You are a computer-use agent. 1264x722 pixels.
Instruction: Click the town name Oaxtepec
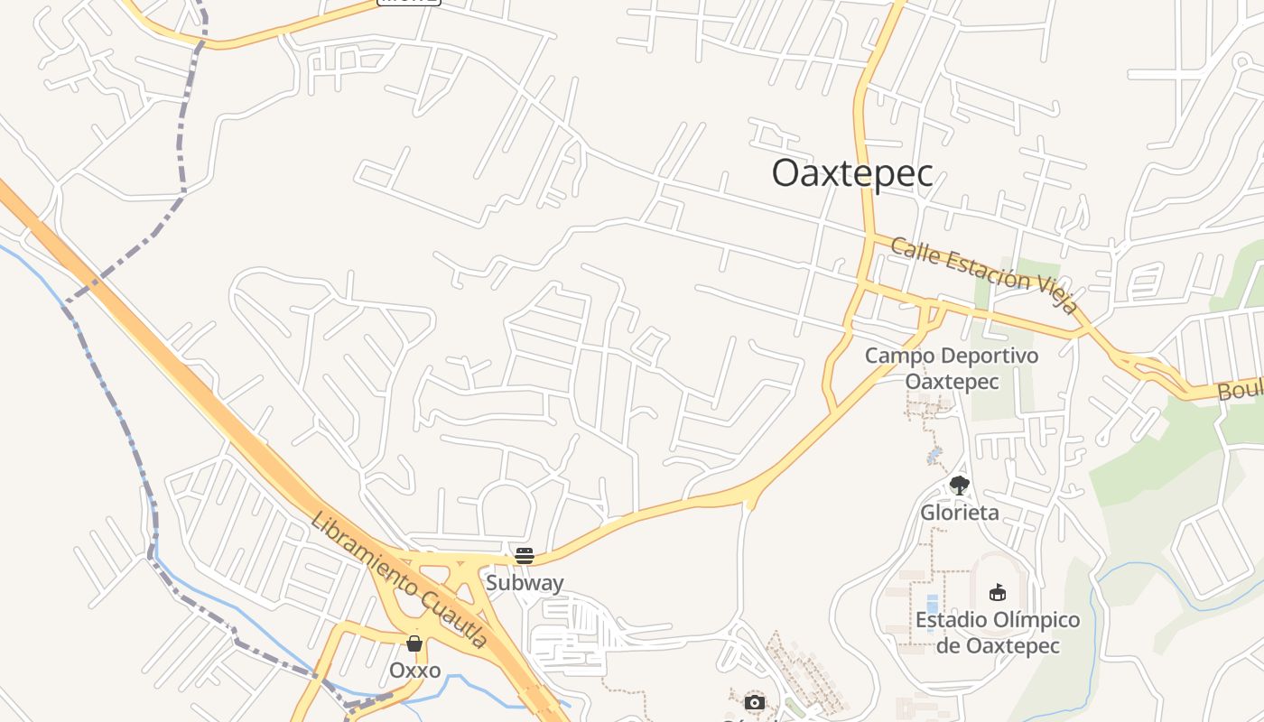tap(851, 174)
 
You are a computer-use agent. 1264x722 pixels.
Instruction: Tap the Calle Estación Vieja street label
tap(984, 274)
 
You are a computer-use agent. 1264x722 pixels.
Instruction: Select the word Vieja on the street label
tap(1055, 296)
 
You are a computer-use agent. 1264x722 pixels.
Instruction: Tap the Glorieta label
tap(960, 513)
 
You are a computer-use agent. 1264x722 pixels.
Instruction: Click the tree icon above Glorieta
tap(960, 486)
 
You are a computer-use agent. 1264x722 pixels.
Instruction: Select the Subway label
tap(525, 583)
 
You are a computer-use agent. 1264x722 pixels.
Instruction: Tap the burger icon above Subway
tap(525, 556)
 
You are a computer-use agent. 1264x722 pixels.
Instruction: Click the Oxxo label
tap(414, 671)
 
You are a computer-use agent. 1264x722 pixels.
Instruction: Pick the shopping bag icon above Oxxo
tap(414, 643)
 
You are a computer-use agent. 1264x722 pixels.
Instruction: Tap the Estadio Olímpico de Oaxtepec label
tap(998, 633)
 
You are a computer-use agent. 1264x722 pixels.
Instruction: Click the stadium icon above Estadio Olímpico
tap(998, 593)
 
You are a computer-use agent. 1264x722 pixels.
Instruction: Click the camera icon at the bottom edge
tap(755, 702)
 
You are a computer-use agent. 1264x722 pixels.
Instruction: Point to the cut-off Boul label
tap(1241, 391)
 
